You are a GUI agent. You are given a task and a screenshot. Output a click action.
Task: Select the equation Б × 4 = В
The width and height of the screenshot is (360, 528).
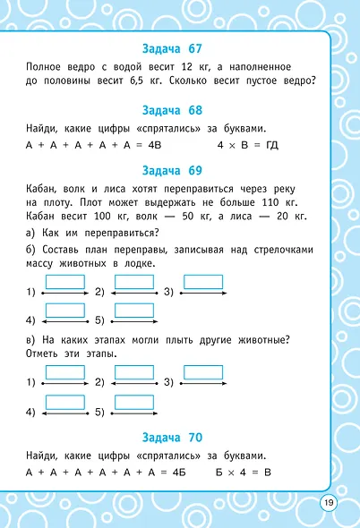click(x=243, y=472)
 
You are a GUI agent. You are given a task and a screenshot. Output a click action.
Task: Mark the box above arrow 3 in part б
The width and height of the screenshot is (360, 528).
click(x=203, y=282)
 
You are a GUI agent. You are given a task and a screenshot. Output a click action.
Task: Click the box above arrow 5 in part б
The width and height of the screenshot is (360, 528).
click(x=133, y=311)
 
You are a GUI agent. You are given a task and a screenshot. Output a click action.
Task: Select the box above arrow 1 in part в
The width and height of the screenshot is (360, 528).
click(x=64, y=371)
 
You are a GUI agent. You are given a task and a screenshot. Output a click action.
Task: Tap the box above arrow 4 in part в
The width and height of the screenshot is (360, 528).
click(x=64, y=402)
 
